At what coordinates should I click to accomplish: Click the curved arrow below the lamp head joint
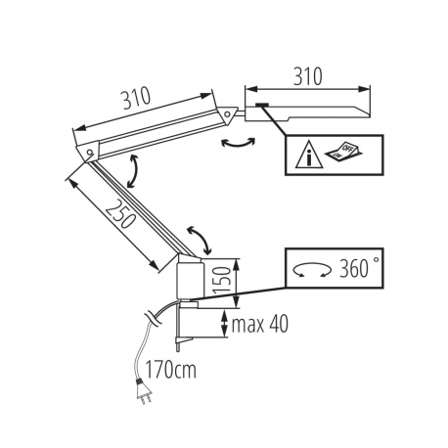[238, 144]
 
